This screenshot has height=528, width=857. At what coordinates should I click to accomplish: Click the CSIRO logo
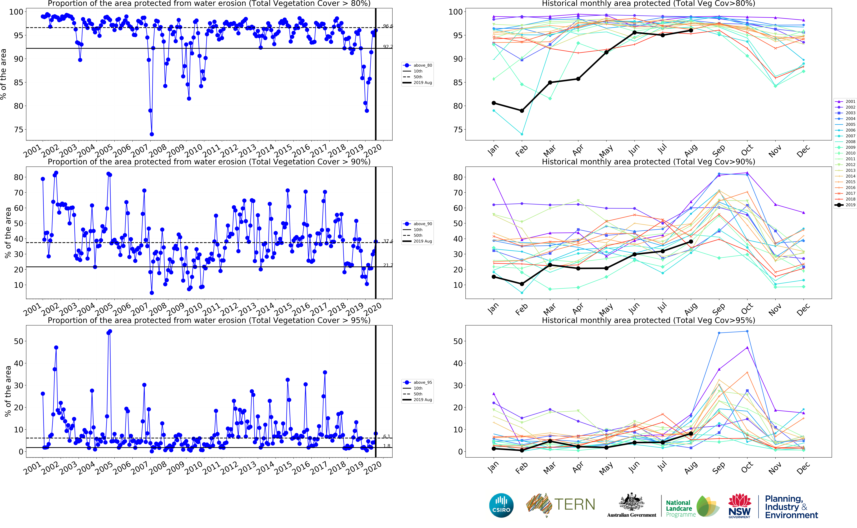[x=501, y=505]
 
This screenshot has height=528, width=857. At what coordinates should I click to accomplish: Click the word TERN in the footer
[x=574, y=504]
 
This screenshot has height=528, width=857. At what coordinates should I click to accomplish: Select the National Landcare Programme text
[x=680, y=508]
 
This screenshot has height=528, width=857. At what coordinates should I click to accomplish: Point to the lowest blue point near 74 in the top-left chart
[x=152, y=134]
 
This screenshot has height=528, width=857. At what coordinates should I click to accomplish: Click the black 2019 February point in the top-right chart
[x=522, y=111]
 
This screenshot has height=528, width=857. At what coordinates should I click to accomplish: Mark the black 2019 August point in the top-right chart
[x=691, y=30]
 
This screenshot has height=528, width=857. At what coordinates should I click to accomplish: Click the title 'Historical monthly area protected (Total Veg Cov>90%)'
[x=648, y=162]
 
